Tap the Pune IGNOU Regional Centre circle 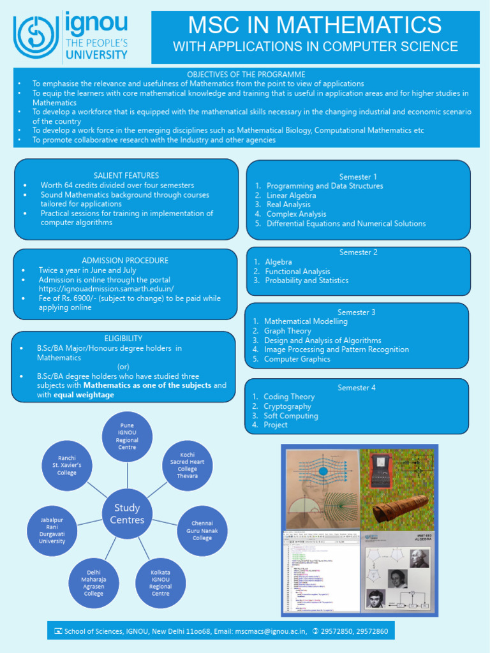[x=128, y=436]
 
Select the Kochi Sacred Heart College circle [x=188, y=465]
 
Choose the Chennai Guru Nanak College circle [x=202, y=530]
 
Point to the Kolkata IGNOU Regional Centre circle [x=161, y=582]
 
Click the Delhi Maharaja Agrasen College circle [x=94, y=582]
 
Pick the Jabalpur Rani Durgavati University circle [x=52, y=530]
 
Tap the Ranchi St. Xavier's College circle [x=66, y=465]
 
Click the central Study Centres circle [x=128, y=513]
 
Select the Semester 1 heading [x=358, y=177]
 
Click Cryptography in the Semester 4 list [x=287, y=406]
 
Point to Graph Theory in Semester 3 [x=288, y=331]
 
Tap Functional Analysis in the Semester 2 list [x=297, y=272]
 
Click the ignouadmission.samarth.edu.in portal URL [x=106, y=289]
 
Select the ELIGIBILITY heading [x=123, y=338]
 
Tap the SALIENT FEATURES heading [x=126, y=175]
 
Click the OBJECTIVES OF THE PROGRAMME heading [x=246, y=75]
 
